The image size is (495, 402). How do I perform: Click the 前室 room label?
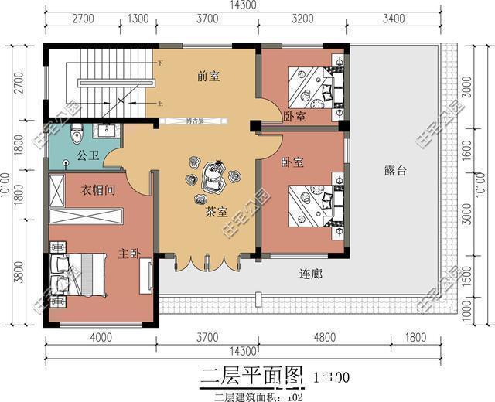click(209, 77)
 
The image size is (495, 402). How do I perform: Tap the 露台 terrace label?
click(394, 170)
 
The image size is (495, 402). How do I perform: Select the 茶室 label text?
click(216, 212)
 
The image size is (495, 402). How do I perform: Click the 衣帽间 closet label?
click(99, 190)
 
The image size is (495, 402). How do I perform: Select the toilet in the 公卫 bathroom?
click(76, 136)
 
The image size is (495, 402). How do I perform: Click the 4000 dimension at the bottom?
click(101, 337)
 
